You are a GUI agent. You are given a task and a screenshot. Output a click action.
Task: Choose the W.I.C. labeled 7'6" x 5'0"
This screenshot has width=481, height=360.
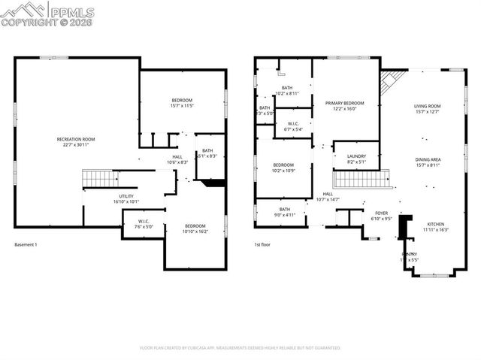click(144, 223)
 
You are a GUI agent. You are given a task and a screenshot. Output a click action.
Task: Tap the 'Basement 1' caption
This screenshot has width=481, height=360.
click(26, 245)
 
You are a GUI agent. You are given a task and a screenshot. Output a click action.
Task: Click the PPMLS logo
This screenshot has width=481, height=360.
click(47, 13)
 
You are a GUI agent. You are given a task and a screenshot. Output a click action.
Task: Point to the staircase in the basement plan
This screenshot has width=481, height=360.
click(97, 179)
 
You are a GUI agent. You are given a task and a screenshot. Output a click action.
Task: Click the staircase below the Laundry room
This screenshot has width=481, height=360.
click(362, 179)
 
